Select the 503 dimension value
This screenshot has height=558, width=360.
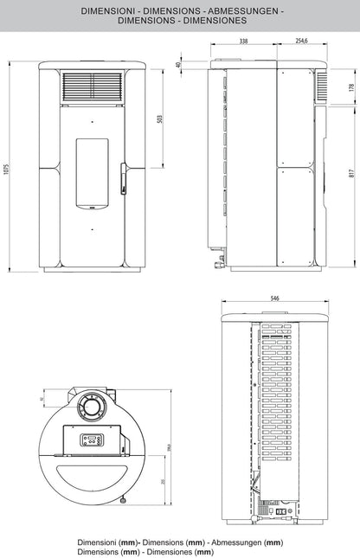click(x=160, y=119)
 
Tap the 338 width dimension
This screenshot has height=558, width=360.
click(x=243, y=41)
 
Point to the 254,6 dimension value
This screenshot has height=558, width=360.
click(x=302, y=41)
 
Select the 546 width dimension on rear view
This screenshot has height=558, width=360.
click(x=274, y=298)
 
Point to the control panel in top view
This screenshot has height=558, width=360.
click(x=93, y=439)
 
